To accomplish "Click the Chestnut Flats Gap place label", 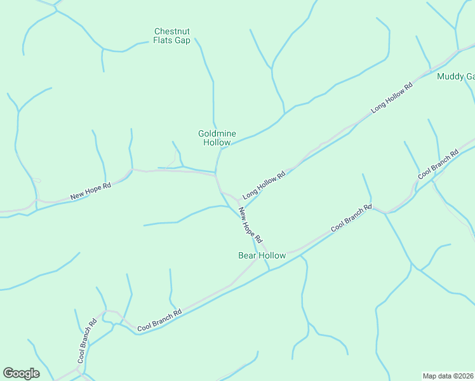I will [171, 36].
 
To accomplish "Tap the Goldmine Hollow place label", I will [217, 138].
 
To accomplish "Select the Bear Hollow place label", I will [262, 255].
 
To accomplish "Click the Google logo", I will [21, 373].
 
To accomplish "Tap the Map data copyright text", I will [448, 375].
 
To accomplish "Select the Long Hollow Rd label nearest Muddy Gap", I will [392, 97].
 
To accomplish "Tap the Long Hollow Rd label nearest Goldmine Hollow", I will [262, 183].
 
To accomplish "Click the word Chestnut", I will [172, 31].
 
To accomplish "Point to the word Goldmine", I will [217, 133].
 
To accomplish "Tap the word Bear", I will [246, 255].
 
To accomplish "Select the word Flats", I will [163, 40].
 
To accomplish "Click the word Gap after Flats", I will [182, 40].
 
